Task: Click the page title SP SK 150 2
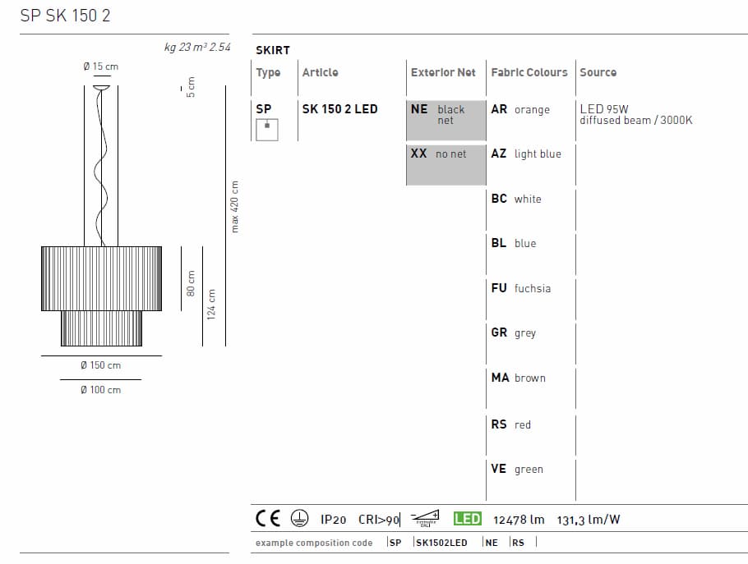click(65, 16)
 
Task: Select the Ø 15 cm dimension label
click(100, 66)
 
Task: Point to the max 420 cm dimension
click(235, 206)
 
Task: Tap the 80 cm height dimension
click(191, 283)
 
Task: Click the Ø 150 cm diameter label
click(101, 365)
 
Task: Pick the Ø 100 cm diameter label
click(101, 390)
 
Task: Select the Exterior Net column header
click(443, 72)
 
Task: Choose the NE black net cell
click(446, 115)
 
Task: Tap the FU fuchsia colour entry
click(521, 288)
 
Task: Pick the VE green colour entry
click(517, 470)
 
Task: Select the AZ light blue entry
click(526, 154)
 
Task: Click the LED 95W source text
click(604, 108)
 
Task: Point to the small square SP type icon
click(267, 129)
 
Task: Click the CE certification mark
click(268, 518)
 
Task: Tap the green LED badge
click(467, 519)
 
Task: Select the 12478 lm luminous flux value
click(519, 520)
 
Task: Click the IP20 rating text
click(333, 520)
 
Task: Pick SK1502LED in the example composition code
click(441, 543)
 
